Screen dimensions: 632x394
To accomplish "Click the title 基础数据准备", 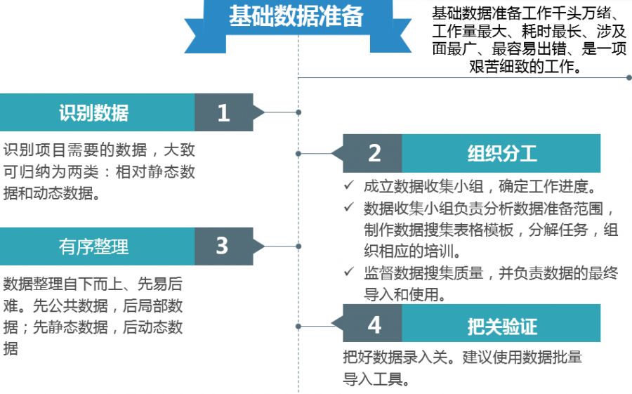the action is (296, 17).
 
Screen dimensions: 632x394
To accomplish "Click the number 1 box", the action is (223, 112).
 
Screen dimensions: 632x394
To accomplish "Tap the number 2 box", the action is (374, 153).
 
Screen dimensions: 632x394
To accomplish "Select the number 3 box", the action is (223, 246).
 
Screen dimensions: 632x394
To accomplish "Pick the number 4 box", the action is (374, 324).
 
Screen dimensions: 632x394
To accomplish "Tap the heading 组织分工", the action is (501, 153).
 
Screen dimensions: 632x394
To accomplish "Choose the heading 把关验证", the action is (501, 325).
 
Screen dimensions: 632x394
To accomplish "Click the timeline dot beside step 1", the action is (298, 112).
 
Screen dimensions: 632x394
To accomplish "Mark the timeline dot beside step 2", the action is (298, 153).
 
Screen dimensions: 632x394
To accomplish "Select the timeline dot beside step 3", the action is (298, 246).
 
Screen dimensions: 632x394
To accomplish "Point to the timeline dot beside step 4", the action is (298, 325).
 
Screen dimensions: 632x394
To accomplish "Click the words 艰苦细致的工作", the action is (523, 67).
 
